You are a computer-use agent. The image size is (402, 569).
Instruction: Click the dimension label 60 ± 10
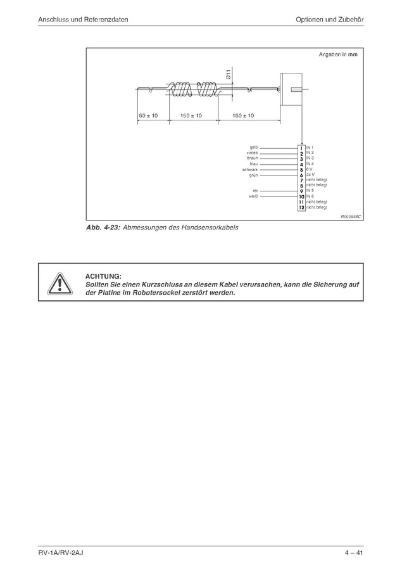148,116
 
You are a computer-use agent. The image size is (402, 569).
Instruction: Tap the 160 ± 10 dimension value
242,116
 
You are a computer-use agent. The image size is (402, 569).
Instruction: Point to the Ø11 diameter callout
229,74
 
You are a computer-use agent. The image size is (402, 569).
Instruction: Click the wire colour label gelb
253,148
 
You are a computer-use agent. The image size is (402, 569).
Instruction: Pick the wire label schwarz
249,169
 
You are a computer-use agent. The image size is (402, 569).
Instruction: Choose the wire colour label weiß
253,196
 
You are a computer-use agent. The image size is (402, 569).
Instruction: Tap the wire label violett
251,153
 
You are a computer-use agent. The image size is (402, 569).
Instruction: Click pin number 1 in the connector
301,148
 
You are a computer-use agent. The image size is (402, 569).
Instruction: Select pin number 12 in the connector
301,207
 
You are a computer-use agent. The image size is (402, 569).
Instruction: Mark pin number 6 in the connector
301,175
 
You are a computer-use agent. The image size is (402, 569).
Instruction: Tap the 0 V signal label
309,169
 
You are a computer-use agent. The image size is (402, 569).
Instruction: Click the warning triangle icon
58,283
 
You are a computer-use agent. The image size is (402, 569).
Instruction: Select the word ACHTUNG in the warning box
103,276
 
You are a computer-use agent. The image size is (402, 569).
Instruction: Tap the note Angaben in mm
337,55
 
